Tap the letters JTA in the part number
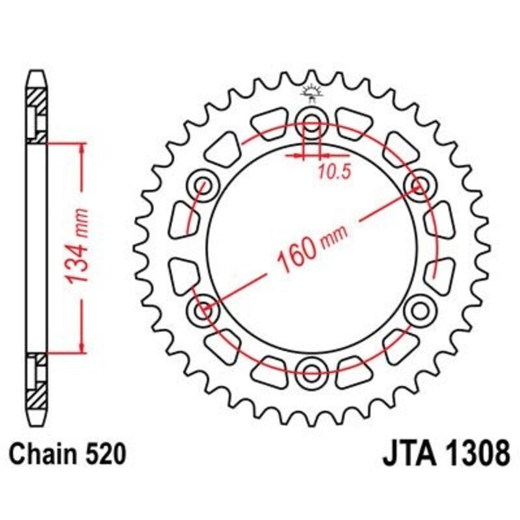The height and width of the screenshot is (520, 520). (x=408, y=454)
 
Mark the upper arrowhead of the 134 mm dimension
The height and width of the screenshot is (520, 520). (x=82, y=149)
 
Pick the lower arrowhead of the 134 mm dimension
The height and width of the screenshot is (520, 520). (x=82, y=348)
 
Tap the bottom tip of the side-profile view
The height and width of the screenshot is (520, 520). (x=37, y=421)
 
